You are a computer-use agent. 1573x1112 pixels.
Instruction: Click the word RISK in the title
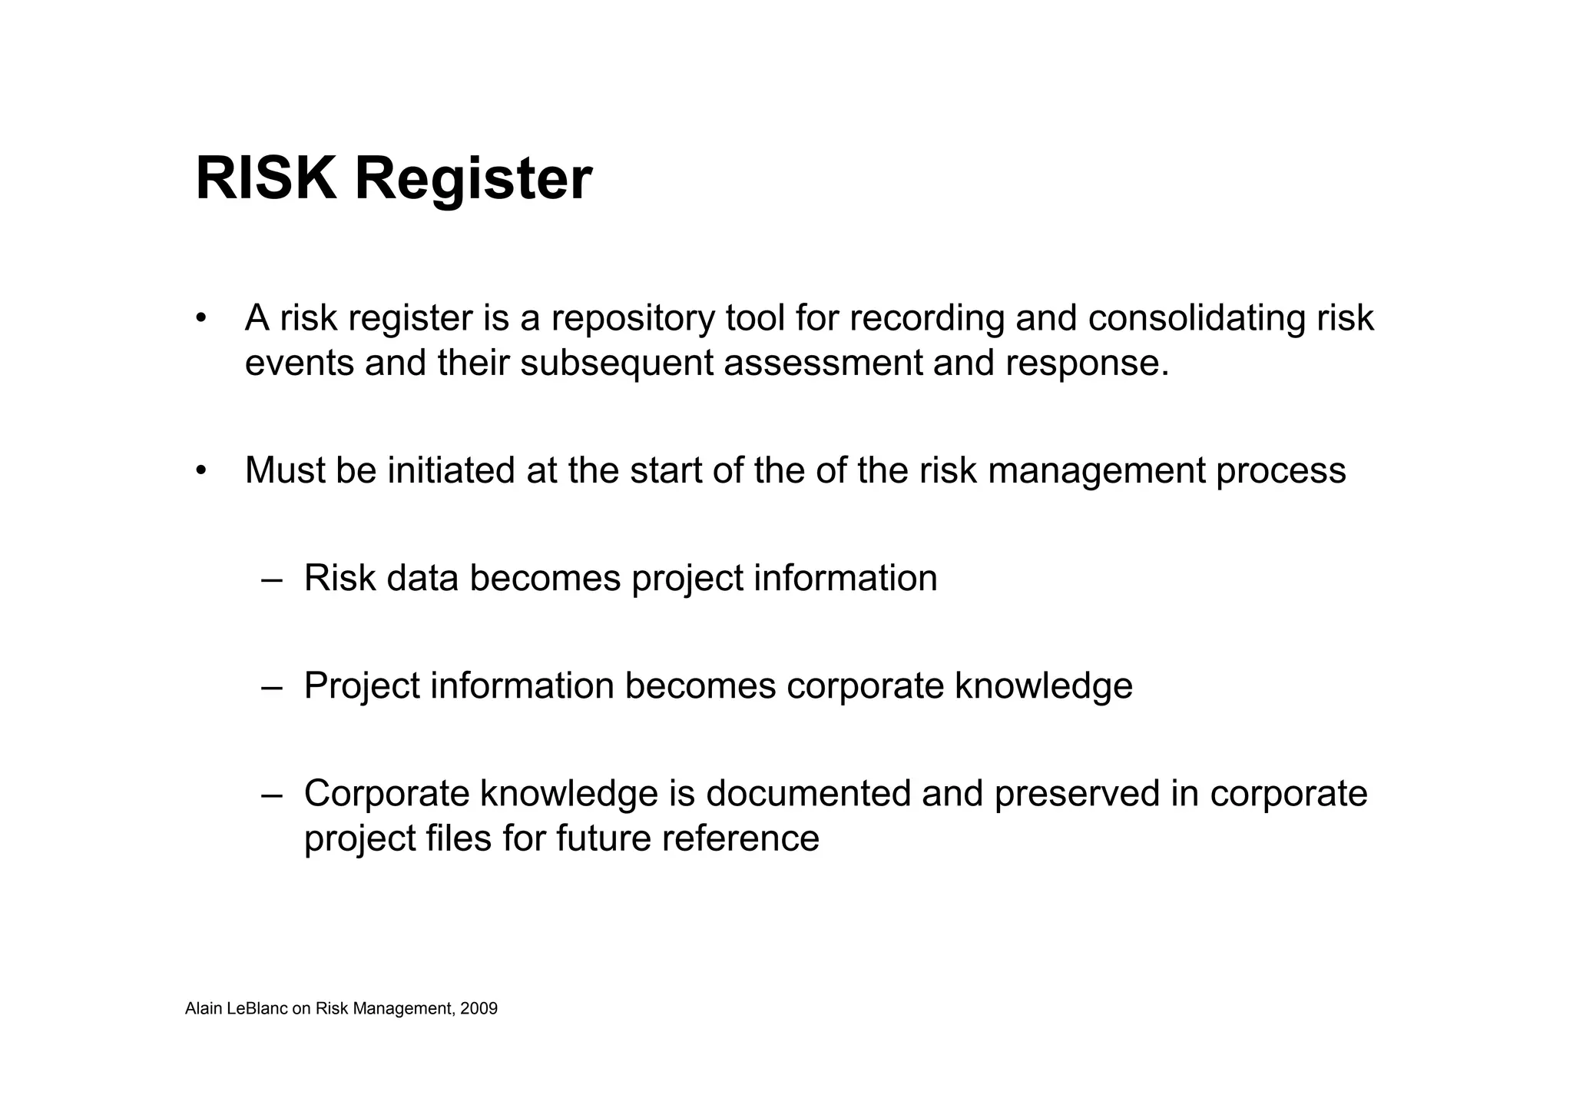coord(266,179)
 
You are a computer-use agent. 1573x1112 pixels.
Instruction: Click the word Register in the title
coord(472,181)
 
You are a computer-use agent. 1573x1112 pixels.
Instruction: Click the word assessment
coord(823,363)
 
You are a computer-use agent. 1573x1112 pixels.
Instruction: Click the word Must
coord(284,470)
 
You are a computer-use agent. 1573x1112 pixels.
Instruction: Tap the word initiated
coord(451,470)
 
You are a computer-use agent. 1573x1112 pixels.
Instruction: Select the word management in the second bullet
coord(1096,472)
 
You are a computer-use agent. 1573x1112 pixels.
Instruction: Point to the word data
coord(422,578)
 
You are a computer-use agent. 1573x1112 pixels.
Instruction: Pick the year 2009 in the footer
coord(479,1009)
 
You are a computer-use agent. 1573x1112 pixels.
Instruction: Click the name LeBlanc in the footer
coord(258,1009)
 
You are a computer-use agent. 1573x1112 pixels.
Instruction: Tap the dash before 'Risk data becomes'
coord(271,579)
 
